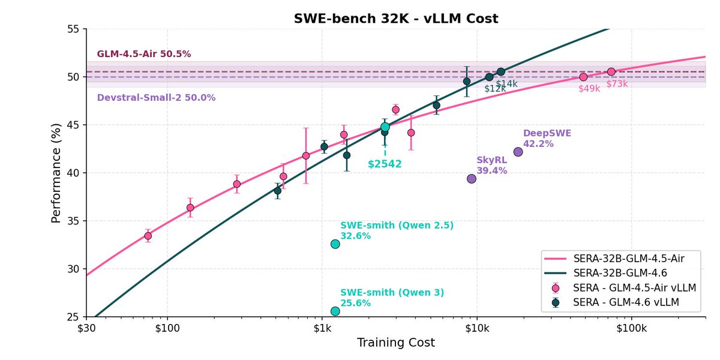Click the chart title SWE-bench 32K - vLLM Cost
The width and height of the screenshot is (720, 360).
[396, 19]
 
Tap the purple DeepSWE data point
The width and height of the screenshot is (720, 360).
[518, 152]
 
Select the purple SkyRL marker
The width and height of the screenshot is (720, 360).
[472, 178]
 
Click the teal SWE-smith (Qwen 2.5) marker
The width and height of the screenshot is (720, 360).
[335, 244]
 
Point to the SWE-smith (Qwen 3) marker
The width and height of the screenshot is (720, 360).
[335, 311]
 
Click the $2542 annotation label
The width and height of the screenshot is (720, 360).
[385, 164]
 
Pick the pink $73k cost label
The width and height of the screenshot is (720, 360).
[617, 84]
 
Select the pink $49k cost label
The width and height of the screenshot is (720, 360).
[589, 89]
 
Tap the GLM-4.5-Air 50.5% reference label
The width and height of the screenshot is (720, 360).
[144, 54]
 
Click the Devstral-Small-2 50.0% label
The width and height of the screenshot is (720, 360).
[156, 97]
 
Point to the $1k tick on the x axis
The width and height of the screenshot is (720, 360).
[322, 328]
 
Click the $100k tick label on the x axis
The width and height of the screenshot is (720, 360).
[631, 328]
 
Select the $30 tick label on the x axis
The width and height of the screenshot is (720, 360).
[86, 328]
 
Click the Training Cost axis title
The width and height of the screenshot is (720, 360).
[396, 343]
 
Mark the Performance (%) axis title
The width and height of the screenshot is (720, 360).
[56, 173]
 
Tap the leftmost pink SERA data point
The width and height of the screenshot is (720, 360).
[148, 236]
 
